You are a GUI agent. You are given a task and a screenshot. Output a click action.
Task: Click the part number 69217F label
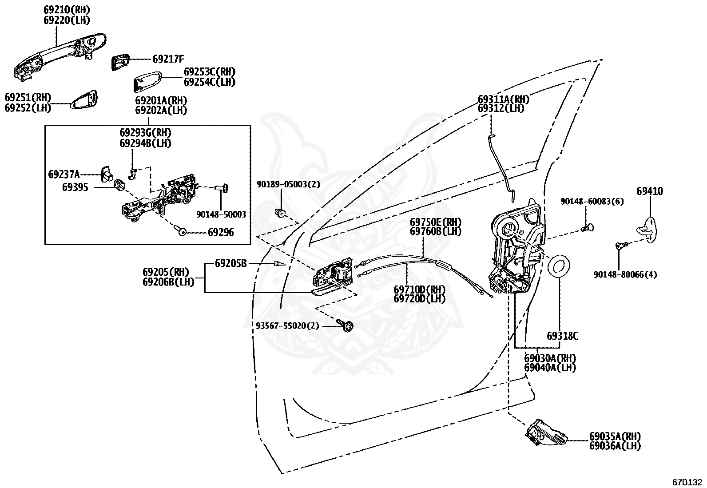pyautogui.click(x=168, y=59)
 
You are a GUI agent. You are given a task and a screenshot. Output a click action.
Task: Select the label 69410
pyautogui.click(x=650, y=191)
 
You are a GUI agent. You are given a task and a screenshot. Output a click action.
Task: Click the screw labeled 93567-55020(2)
pyautogui.click(x=346, y=325)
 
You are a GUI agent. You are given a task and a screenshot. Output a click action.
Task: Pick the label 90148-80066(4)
pyautogui.click(x=625, y=274)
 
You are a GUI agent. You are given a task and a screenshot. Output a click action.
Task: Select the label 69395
pyautogui.click(x=75, y=187)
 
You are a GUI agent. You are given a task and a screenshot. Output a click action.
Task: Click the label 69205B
pyautogui.click(x=231, y=263)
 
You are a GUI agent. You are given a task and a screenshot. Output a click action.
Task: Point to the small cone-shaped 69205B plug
pyautogui.click(x=279, y=263)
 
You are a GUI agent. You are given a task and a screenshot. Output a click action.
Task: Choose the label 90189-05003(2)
pyautogui.click(x=288, y=184)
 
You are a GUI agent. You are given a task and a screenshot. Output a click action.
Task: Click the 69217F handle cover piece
pyautogui.click(x=120, y=62)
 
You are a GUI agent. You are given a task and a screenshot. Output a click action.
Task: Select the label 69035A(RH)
pyautogui.click(x=615, y=436)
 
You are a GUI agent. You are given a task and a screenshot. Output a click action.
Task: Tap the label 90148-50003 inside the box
pyautogui.click(x=221, y=214)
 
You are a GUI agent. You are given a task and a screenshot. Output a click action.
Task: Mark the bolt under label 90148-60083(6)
pyautogui.click(x=588, y=228)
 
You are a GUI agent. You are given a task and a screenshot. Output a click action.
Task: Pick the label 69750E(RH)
pyautogui.click(x=436, y=222)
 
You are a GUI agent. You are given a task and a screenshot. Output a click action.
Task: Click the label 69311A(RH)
pyautogui.click(x=503, y=99)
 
